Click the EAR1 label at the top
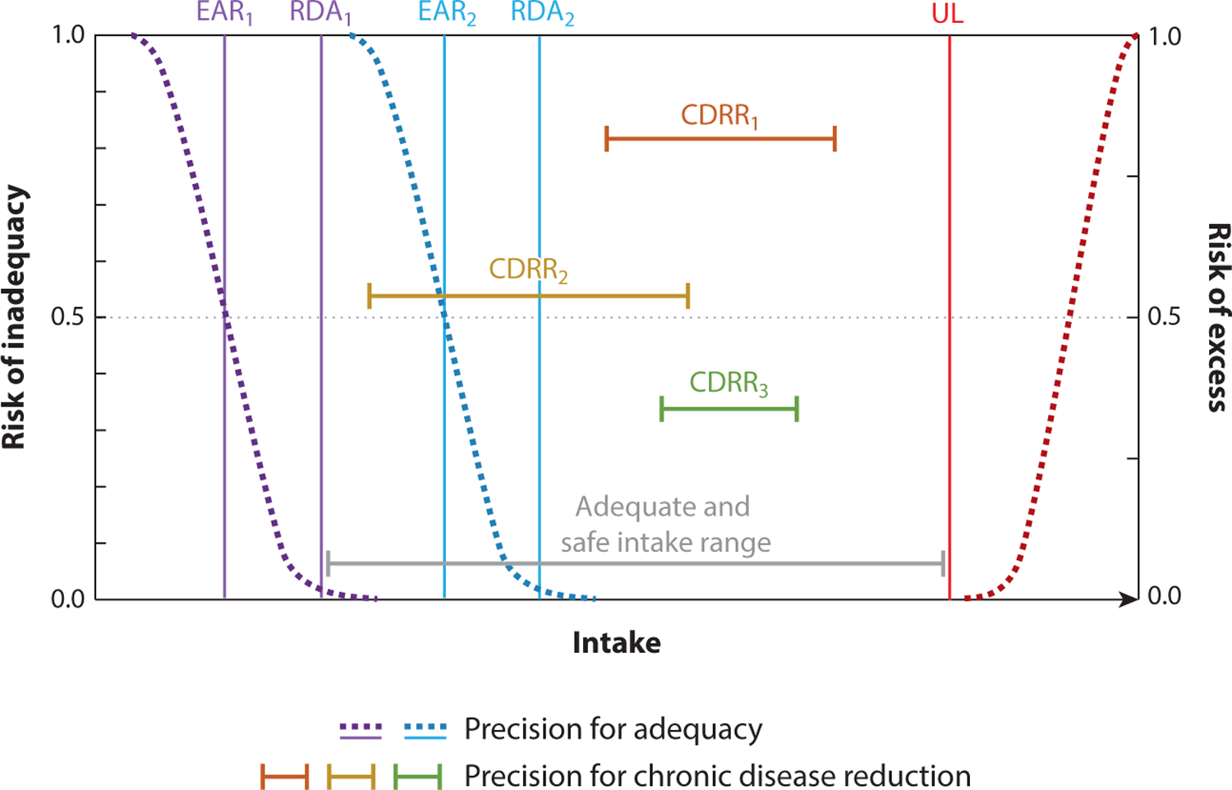[223, 14]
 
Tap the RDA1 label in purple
[320, 14]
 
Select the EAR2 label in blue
[447, 14]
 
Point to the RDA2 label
[542, 14]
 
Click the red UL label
[947, 16]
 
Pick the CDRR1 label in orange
[719, 116]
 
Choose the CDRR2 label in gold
[528, 269]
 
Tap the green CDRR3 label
[729, 383]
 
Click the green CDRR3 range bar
[729, 408]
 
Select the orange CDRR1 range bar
[720, 139]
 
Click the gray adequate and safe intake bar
[635, 563]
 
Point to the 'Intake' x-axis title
[616, 642]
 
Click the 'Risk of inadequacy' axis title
[15, 317]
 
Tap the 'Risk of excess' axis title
[1218, 317]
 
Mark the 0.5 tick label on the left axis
[67, 317]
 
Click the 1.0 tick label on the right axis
[1164, 36]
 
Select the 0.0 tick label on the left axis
[67, 599]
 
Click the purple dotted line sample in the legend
[361, 728]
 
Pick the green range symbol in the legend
[417, 775]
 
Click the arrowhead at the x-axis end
[1129, 599]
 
